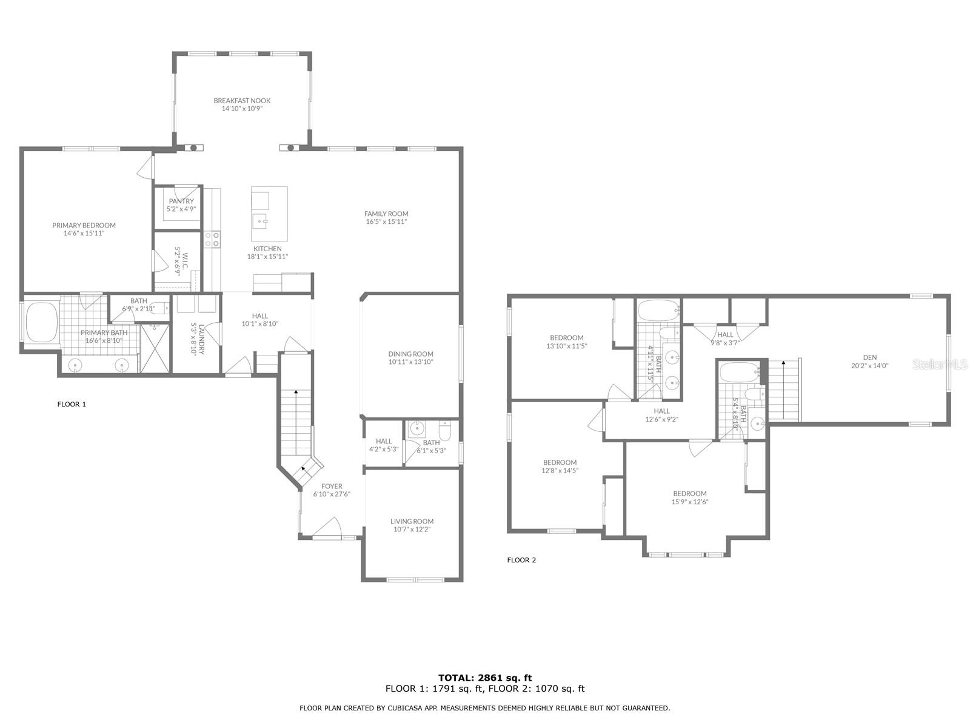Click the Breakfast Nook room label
(x=242, y=100)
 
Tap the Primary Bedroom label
(x=84, y=225)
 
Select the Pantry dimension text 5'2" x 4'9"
(x=181, y=209)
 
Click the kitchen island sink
(x=260, y=221)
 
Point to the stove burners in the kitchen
(x=212, y=238)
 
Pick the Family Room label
(x=386, y=214)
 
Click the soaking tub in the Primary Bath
(x=42, y=322)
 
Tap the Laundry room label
(x=201, y=340)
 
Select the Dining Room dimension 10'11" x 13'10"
(x=410, y=362)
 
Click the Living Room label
(x=412, y=521)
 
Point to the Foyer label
(x=332, y=486)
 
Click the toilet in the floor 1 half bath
(x=444, y=431)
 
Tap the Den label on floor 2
(x=870, y=357)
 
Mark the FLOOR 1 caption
(x=72, y=404)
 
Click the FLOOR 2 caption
(x=521, y=560)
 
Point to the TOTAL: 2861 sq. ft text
(x=485, y=678)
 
